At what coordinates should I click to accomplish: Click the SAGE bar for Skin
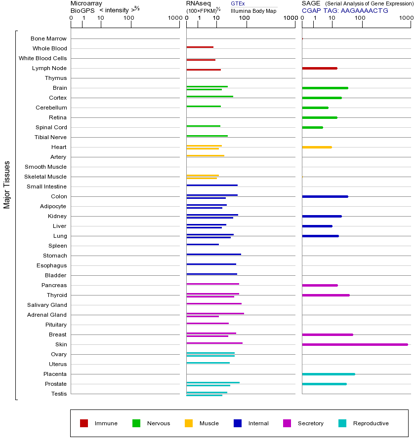[355, 344]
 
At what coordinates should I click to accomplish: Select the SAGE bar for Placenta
[328, 374]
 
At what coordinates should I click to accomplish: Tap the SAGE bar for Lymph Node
[319, 68]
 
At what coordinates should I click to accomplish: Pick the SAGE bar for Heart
[317, 147]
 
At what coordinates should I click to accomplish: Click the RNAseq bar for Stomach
[213, 254]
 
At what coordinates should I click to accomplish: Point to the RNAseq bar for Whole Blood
[200, 47]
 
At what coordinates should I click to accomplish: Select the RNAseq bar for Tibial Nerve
[207, 136]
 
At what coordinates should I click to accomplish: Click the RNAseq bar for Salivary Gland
[214, 303]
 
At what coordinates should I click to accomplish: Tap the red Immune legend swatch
[84, 423]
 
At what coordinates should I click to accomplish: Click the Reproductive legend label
[371, 423]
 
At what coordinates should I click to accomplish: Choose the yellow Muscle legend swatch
[189, 423]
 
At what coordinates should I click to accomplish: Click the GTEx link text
[238, 3]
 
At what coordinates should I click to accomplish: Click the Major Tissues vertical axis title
[7, 185]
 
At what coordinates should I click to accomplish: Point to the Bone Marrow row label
[48, 38]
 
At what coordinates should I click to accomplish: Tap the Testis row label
[59, 394]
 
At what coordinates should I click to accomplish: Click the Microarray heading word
[86, 3]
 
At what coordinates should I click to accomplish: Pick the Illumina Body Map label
[253, 10]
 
